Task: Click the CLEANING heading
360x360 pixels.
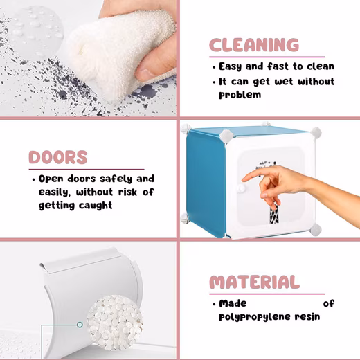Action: [254, 45]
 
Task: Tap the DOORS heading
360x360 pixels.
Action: [58, 157]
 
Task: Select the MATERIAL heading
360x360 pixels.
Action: [255, 282]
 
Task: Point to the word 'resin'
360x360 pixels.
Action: [307, 316]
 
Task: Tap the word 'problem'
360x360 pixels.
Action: [240, 95]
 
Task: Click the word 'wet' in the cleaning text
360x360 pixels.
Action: [284, 82]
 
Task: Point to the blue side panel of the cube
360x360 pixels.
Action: [206, 182]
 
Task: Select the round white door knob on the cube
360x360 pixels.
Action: [241, 188]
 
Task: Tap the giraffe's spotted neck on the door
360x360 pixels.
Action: [274, 213]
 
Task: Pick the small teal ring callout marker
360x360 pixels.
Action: [80, 325]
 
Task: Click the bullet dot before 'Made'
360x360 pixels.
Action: [214, 305]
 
